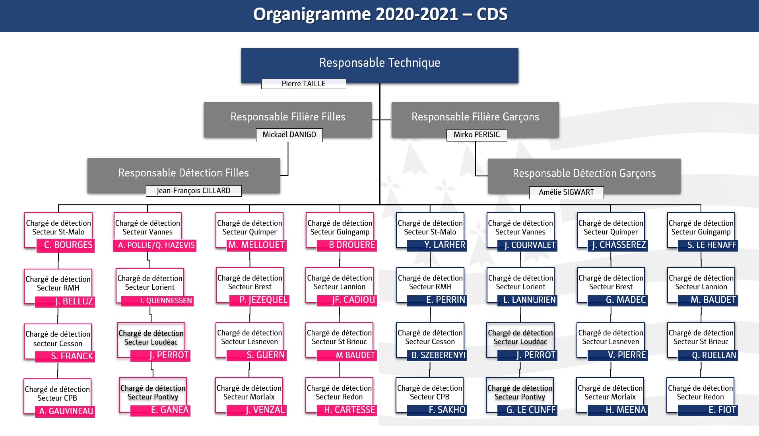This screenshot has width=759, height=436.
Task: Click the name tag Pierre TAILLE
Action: (303, 84)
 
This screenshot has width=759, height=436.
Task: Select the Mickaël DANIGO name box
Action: (289, 135)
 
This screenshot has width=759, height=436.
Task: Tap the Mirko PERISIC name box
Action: (477, 135)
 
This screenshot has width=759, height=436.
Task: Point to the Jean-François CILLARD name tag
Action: (194, 191)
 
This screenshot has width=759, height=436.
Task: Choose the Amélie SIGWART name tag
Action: (567, 192)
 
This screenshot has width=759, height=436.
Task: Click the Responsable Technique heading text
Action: (380, 63)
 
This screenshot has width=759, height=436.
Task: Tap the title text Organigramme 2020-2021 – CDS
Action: (380, 14)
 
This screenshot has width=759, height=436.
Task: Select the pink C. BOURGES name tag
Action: (66, 245)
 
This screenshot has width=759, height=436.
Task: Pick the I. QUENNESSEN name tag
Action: (157, 301)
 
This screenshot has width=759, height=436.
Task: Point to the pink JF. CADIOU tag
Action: (347, 300)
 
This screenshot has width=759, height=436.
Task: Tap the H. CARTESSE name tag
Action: (347, 410)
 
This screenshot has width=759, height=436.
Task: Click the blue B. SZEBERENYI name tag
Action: (437, 355)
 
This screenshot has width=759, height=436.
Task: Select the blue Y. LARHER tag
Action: (437, 245)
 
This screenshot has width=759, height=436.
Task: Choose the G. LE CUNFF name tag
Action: (527, 410)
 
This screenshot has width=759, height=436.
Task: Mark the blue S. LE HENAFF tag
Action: (708, 246)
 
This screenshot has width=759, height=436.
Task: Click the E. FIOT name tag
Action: (708, 410)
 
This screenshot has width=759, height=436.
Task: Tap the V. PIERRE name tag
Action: (617, 355)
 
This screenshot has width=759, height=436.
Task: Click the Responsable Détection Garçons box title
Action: (584, 173)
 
